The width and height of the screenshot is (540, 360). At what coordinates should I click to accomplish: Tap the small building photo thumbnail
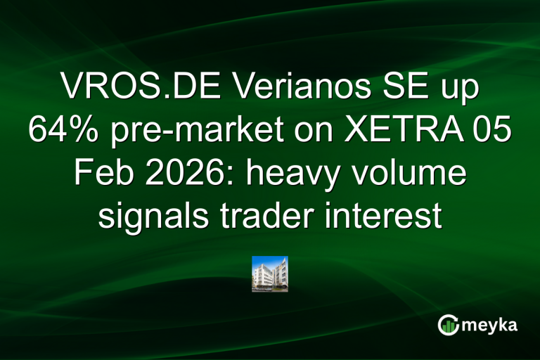270,274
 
